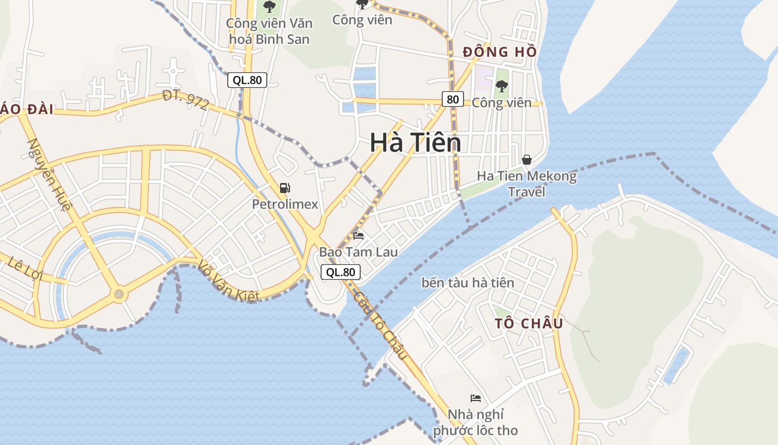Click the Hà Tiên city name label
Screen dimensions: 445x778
coord(415,143)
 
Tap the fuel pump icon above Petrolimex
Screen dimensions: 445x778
coord(285,188)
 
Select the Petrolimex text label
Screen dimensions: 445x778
coord(285,204)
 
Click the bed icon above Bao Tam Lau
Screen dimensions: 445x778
coord(358,236)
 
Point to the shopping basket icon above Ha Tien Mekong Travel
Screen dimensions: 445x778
coord(527,160)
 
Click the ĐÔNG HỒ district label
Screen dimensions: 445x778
coord(500,52)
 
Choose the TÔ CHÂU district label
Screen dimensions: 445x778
coord(529,323)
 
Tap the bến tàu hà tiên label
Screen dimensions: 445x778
coord(468,283)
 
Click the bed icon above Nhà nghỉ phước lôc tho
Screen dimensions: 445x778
coord(475,398)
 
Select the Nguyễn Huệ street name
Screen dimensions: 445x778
coord(49,175)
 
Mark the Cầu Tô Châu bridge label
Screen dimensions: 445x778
coord(381,325)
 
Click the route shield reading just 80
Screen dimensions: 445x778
coord(453,99)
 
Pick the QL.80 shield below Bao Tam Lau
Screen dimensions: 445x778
coord(341,272)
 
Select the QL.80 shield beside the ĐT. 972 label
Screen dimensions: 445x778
coord(247,80)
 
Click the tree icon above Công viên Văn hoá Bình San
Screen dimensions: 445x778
coord(270,7)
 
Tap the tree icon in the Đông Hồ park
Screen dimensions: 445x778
coord(501,86)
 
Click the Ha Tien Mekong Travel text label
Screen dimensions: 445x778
coord(527,184)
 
